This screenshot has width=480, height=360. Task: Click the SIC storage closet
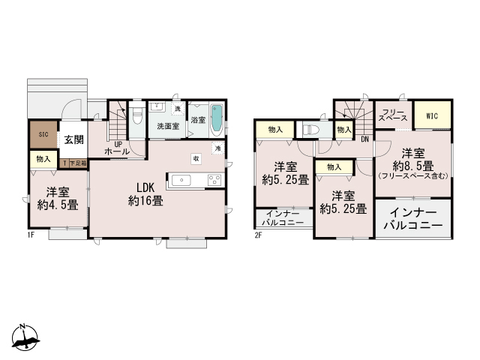tap(43, 135)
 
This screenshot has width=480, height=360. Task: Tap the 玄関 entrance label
tap(73, 139)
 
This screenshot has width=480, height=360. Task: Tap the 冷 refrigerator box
tap(217, 148)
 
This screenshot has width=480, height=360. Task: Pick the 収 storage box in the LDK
tap(195, 158)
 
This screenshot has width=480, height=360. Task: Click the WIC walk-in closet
tap(431, 116)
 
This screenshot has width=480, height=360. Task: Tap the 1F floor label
tap(31, 235)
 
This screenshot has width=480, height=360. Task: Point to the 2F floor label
tap(257, 235)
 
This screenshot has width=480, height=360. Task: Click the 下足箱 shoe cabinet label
tap(76, 161)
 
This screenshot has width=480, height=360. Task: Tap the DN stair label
tap(364, 139)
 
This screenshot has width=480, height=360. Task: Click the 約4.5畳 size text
tap(53, 204)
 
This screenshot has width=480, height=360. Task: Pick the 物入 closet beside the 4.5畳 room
tap(43, 159)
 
